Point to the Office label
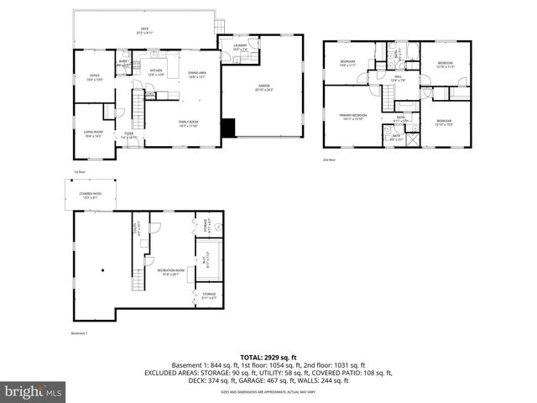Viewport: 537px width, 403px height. click(x=93, y=77)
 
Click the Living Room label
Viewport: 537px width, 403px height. click(x=92, y=133)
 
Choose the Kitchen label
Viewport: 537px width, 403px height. click(x=156, y=72)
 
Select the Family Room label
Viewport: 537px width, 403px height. click(x=187, y=124)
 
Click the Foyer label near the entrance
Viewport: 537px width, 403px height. click(x=129, y=133)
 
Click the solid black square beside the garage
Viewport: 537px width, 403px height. click(x=228, y=128)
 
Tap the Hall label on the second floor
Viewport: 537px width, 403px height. click(x=398, y=78)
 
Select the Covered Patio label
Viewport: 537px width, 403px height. click(x=91, y=195)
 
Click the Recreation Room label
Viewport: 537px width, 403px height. click(x=170, y=271)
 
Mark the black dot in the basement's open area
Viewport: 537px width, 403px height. click(x=102, y=270)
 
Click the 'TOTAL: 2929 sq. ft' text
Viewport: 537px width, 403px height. click(x=268, y=357)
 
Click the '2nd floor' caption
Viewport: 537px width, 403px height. click(x=329, y=160)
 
